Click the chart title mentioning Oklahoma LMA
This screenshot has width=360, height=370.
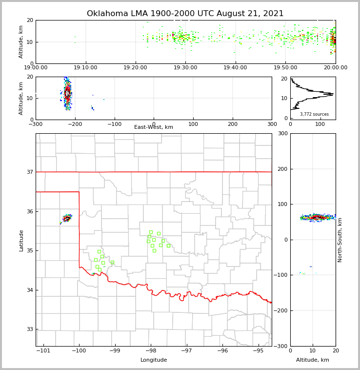coord(185,14)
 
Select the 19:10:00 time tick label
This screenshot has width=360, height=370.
coord(86,68)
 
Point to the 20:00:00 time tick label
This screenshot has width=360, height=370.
coord(335,68)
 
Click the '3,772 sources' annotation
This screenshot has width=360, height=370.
coord(314,114)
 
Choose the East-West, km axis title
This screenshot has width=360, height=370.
coord(154,127)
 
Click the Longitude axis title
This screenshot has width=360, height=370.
coord(154,360)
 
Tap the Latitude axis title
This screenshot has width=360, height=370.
coord(21,240)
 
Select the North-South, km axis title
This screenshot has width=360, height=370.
coord(340,240)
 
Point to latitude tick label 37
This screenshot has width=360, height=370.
coord(30,172)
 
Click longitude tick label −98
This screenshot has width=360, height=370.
coord(151,350)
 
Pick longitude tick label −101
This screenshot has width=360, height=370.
coord(43,350)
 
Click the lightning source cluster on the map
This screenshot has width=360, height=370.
coord(67,218)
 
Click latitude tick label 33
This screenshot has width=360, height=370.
coord(30,329)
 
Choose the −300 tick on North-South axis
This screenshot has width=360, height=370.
coord(281,346)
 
